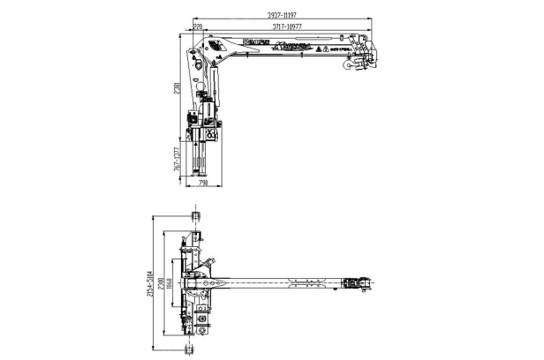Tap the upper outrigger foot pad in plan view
pos(194,216)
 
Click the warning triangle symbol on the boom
pos(327,50)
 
